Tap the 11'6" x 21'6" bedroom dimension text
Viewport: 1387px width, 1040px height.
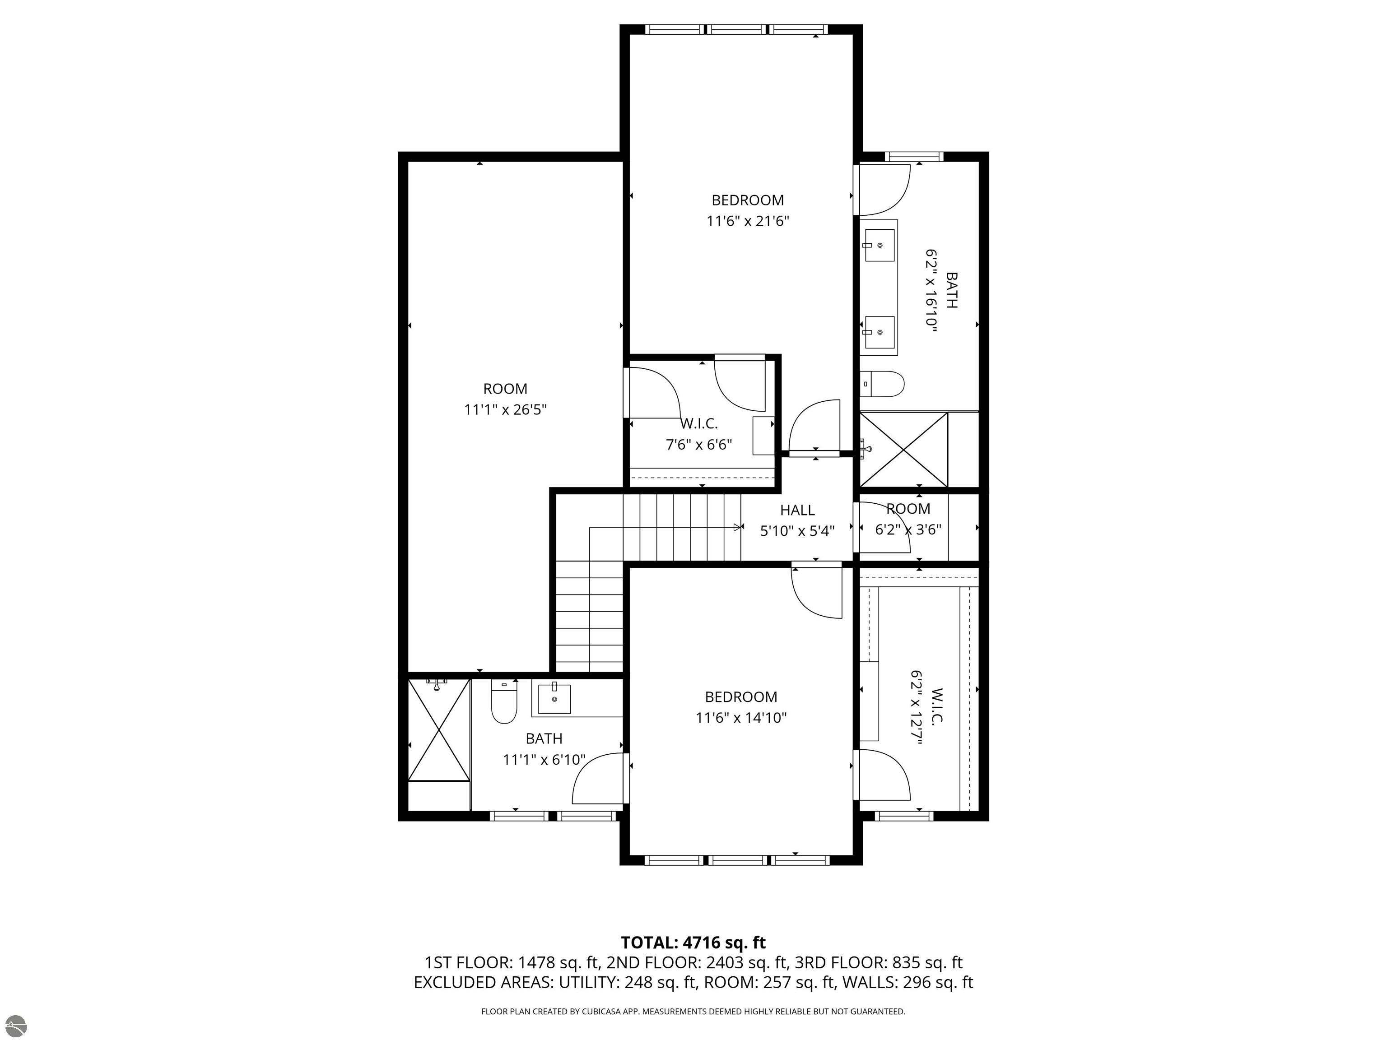747,221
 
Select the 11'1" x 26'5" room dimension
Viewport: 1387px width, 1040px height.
505,410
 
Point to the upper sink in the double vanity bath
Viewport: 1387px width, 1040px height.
879,245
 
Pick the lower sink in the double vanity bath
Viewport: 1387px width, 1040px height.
879,332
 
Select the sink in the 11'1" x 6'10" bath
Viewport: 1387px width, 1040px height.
554,699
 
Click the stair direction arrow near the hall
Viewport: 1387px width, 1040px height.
737,527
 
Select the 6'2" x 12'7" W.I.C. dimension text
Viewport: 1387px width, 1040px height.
916,708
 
